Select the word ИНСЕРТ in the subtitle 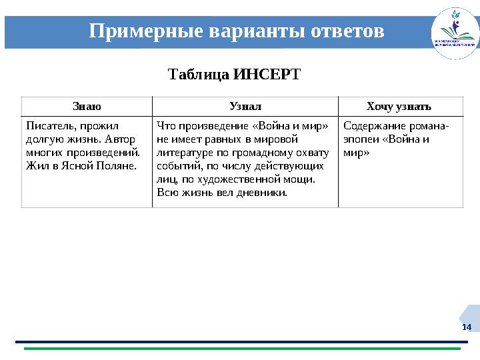[x=267, y=73]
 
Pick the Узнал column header [x=245, y=106]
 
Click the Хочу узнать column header [x=399, y=106]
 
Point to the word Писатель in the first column [x=48, y=125]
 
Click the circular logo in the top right [x=455, y=33]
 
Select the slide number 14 [x=466, y=327]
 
